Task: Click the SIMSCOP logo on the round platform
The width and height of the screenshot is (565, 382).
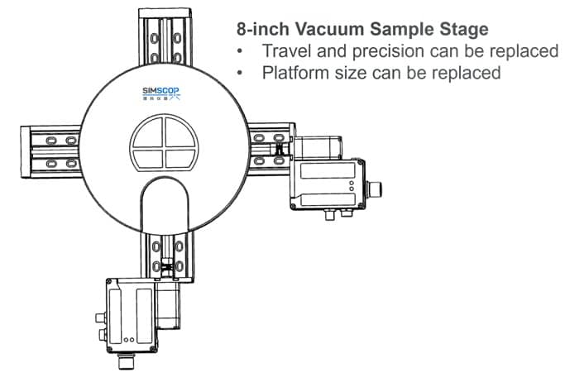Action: pyautogui.click(x=162, y=93)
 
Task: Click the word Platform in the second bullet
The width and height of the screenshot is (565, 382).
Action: pyautogui.click(x=296, y=73)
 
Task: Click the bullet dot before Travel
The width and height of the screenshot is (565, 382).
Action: pyautogui.click(x=241, y=52)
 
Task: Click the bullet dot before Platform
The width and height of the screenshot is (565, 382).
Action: pyautogui.click(x=241, y=74)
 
